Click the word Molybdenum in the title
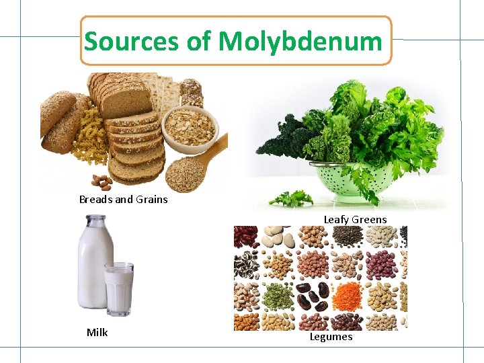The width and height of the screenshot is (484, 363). click(x=300, y=42)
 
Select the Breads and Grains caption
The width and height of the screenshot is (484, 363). click(x=123, y=199)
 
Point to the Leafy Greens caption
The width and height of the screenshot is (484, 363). click(x=355, y=219)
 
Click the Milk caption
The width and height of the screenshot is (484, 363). click(x=97, y=332)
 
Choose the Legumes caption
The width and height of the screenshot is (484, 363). click(x=331, y=336)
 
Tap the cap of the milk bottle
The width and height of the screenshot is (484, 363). click(x=95, y=220)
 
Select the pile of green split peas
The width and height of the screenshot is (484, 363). click(x=278, y=294)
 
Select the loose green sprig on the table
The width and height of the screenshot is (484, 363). click(x=290, y=198)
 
